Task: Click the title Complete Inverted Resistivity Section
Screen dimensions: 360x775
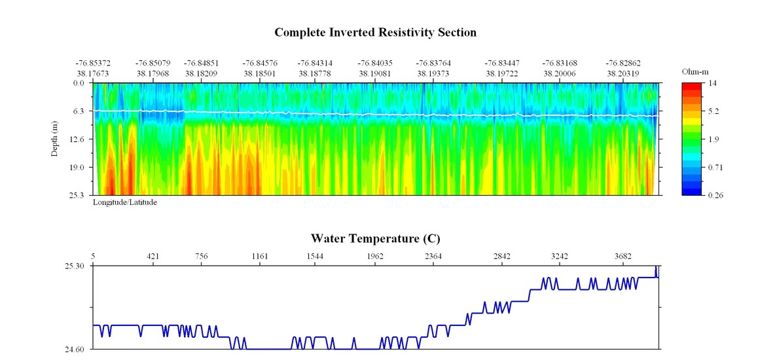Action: click(x=375, y=32)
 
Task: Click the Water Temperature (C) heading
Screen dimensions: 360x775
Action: click(x=375, y=238)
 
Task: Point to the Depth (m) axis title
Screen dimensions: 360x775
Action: click(x=56, y=139)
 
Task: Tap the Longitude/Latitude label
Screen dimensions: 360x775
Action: click(x=124, y=203)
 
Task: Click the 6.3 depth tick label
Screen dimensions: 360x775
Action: click(x=79, y=111)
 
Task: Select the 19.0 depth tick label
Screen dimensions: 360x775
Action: click(x=77, y=167)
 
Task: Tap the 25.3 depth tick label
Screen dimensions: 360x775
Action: click(x=77, y=195)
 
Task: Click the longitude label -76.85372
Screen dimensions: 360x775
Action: click(x=93, y=63)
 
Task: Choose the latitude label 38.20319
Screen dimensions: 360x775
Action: click(x=623, y=74)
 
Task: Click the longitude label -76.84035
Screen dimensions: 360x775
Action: click(x=374, y=63)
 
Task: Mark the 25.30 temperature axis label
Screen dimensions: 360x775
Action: click(x=74, y=266)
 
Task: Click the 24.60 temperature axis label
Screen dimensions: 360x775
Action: click(x=74, y=350)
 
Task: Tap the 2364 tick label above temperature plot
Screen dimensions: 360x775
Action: click(x=433, y=256)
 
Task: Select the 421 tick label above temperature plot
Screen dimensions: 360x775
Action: click(x=153, y=256)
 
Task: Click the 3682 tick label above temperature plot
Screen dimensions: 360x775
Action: click(x=622, y=256)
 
